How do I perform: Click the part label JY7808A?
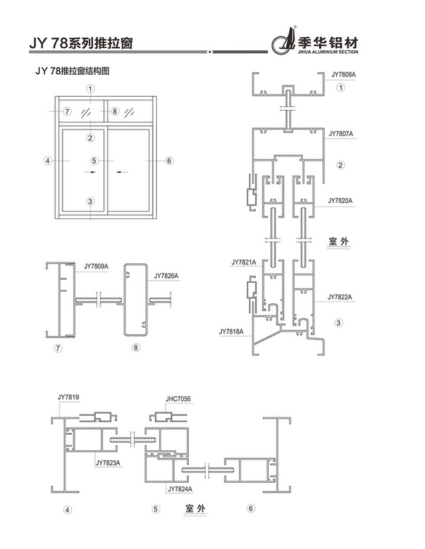[343, 75]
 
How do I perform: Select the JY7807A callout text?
[341, 134]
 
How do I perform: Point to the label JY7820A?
[340, 201]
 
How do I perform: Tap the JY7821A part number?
[243, 263]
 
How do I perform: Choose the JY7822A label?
[340, 297]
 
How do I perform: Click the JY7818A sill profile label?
[231, 332]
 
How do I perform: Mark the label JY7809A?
[96, 266]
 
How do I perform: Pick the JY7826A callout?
[166, 276]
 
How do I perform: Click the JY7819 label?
[68, 398]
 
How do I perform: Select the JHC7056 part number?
[178, 398]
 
